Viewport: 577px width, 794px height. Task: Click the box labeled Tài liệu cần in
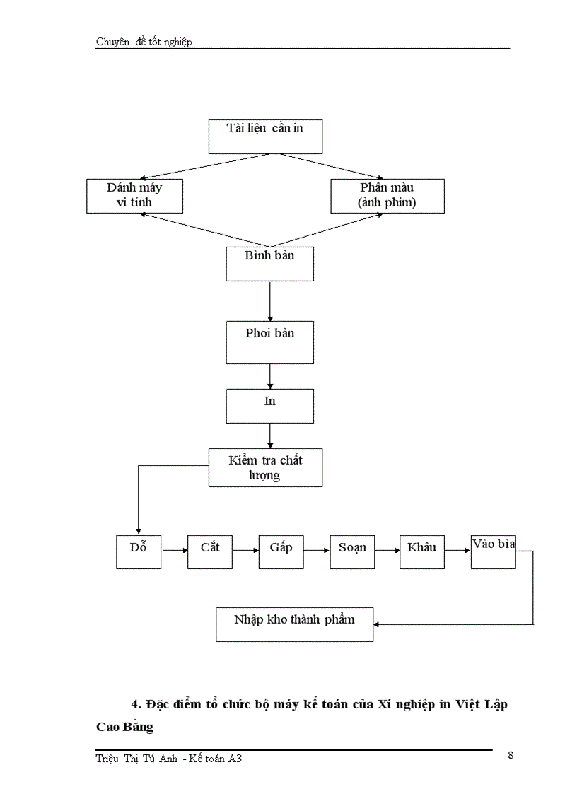tap(265, 136)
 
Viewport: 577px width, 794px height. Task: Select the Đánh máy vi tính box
tap(134, 196)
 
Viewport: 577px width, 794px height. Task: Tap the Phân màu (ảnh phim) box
tap(387, 196)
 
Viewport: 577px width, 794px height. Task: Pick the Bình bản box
tap(269, 264)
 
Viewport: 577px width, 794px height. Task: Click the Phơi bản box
tap(269, 342)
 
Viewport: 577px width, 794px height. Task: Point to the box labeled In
tap(269, 406)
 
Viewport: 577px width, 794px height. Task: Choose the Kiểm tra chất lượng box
tap(265, 467)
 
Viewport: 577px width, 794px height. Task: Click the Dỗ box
tap(139, 551)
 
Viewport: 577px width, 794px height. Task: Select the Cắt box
tap(210, 551)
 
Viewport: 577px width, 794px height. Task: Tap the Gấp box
tap(281, 551)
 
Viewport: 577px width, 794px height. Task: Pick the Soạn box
tap(352, 551)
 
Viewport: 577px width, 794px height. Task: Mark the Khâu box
tap(421, 551)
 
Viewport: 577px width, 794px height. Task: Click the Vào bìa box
tap(494, 551)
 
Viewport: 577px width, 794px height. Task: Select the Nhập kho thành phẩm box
tap(294, 624)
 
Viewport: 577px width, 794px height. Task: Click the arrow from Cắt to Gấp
tap(245, 550)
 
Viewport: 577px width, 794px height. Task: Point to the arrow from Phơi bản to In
tap(270, 376)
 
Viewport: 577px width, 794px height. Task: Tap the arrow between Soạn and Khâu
tap(387, 550)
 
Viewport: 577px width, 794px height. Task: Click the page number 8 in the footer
tap(511, 755)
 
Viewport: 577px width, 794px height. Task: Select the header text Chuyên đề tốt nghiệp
tap(144, 42)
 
